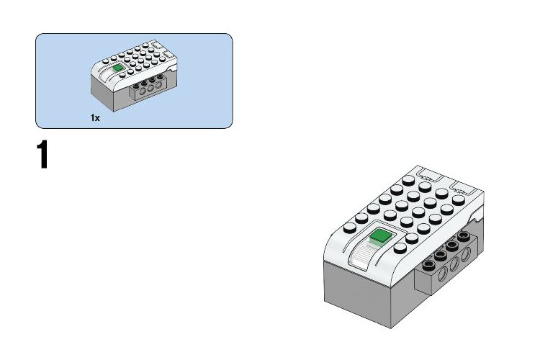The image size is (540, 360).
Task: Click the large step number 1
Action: [42, 154]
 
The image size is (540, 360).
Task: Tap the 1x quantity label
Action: [95, 118]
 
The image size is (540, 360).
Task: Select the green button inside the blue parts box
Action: [118, 67]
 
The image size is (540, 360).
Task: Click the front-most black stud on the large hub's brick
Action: [429, 264]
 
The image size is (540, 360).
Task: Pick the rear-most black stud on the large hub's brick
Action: [464, 236]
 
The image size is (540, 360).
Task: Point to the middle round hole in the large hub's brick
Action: [454, 264]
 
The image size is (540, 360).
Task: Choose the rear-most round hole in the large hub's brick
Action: [466, 254]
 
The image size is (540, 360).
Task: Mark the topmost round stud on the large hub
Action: [408, 181]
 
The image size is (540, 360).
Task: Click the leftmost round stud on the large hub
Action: [349, 228]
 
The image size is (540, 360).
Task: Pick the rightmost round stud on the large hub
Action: [459, 200]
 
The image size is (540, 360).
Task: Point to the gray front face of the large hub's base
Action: [357, 293]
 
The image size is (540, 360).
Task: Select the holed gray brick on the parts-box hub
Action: [150, 87]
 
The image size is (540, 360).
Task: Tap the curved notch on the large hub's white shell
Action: [479, 219]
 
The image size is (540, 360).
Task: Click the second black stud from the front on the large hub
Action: [441, 256]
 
